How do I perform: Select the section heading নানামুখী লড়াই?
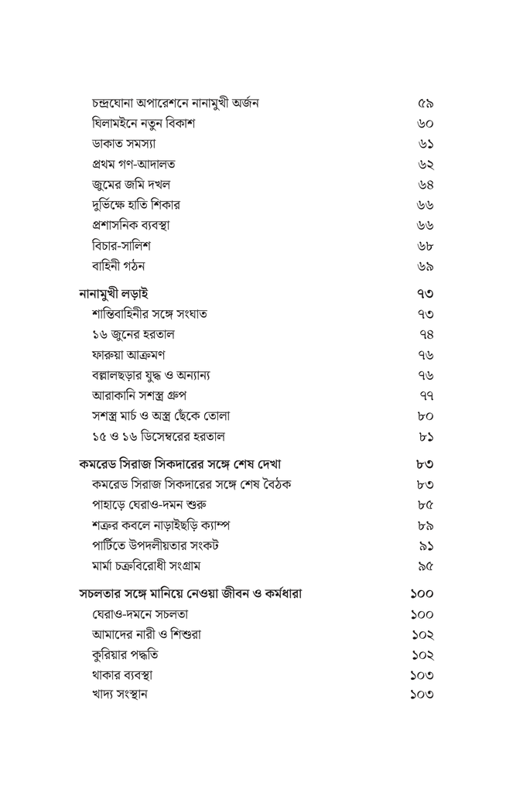click(114, 294)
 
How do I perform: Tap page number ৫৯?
click(425, 104)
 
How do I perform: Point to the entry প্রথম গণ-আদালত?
click(133, 164)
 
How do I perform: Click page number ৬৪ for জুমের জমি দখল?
click(425, 185)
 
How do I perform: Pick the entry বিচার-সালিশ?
click(121, 246)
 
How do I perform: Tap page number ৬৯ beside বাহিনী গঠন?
click(425, 267)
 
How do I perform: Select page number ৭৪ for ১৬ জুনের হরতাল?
click(425, 335)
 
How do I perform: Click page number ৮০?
click(425, 416)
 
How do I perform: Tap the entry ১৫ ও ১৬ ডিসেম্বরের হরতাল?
click(158, 436)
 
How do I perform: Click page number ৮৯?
click(425, 526)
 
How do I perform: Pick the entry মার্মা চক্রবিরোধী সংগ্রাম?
click(146, 566)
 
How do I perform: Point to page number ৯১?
click(425, 546)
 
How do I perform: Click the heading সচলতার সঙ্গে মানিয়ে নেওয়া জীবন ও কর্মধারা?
click(190, 594)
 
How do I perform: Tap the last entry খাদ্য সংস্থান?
click(119, 695)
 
